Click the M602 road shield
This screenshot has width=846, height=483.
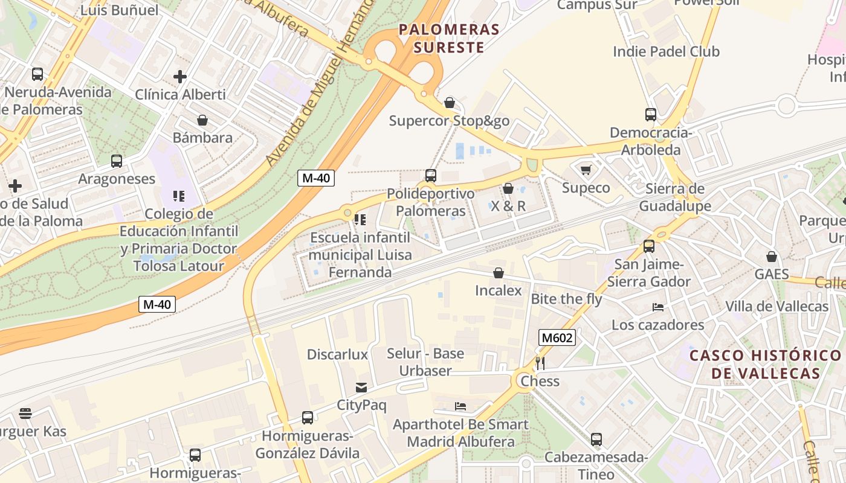tap(557, 337)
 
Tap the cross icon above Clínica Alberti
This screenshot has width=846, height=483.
tap(179, 77)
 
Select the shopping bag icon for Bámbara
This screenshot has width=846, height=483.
tap(202, 120)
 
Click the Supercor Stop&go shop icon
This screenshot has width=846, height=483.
tap(449, 103)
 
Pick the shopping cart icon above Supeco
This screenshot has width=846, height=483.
tap(586, 170)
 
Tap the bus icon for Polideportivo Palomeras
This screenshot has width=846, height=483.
tap(430, 176)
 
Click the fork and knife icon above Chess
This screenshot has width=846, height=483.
tap(540, 363)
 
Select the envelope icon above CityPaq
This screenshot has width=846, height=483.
tap(361, 387)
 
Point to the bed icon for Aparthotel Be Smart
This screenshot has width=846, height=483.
tap(460, 406)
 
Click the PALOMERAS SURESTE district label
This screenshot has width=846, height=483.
tap(449, 38)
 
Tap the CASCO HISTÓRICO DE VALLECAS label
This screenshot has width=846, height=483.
tap(765, 364)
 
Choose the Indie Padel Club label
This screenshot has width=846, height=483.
tap(666, 52)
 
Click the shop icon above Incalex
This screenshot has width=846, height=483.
tap(498, 273)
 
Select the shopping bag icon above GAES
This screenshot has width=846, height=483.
tap(771, 257)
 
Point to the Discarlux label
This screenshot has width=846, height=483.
tap(337, 354)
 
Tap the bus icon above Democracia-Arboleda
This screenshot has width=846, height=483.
tap(650, 114)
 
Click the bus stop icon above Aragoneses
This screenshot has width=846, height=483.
tap(117, 161)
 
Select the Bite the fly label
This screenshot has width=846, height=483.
tap(566, 299)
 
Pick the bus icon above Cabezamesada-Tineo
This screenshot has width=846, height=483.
tap(596, 439)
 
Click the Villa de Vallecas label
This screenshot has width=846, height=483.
tap(777, 306)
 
